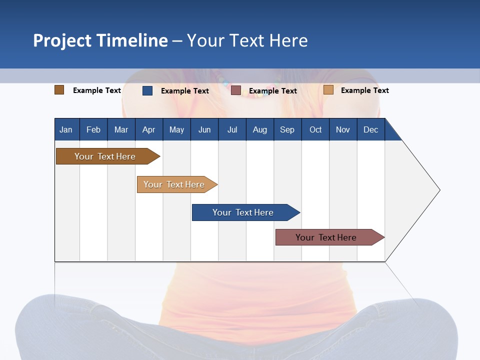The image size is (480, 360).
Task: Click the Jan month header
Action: [x=66, y=129]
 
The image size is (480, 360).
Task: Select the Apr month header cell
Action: [x=149, y=129]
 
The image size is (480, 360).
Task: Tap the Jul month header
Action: [x=232, y=129]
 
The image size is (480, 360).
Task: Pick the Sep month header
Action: [x=287, y=129]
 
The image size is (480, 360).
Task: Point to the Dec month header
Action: [x=370, y=129]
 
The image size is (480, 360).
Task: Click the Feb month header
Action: [x=93, y=129]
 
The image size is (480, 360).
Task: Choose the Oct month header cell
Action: [x=315, y=129]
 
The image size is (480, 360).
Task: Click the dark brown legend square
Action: [x=59, y=90]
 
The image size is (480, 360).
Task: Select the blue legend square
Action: [x=147, y=90]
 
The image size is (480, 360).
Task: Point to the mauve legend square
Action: [x=236, y=90]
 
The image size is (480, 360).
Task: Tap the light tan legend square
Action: [x=328, y=90]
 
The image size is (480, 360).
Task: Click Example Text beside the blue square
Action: [x=185, y=91]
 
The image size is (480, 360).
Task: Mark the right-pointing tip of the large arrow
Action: [x=439, y=190]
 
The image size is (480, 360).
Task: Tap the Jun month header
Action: [x=204, y=129]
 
